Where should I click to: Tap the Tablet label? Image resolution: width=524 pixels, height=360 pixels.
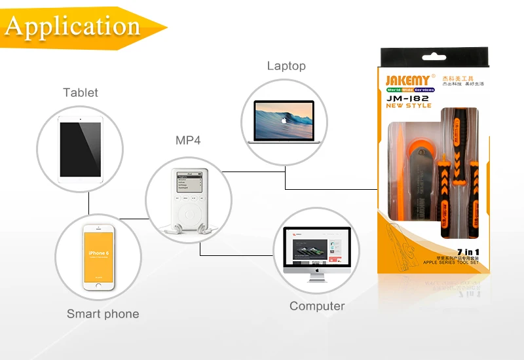tap(81, 93)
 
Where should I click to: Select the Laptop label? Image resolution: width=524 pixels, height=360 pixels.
tap(286, 66)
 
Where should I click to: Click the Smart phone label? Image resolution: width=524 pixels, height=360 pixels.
tap(103, 314)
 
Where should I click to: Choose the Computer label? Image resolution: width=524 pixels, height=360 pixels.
tap(317, 306)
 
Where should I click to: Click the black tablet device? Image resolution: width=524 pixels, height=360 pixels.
tap(80, 149)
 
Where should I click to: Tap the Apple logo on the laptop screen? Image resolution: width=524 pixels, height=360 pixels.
tap(284, 120)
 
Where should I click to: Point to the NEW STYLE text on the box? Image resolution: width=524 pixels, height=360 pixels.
tap(408, 106)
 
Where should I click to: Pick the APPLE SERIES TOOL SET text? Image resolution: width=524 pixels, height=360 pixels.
tap(452, 262)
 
